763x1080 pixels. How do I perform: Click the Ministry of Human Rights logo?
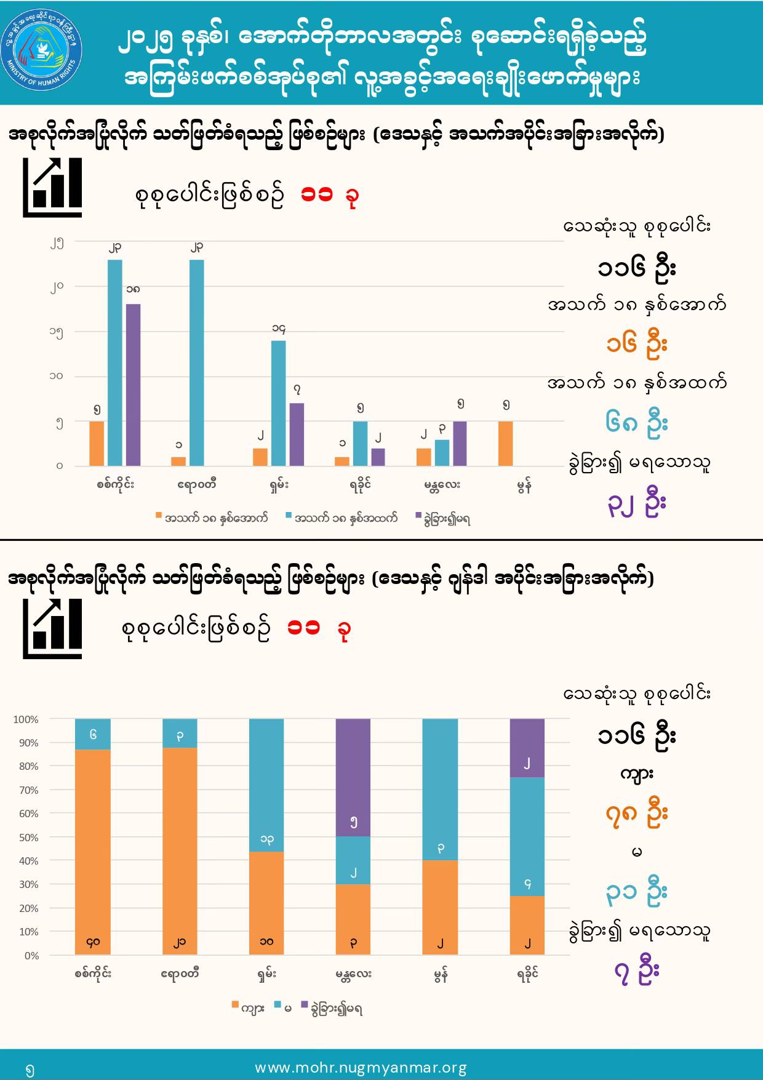(42, 53)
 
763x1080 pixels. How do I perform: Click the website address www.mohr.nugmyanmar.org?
(361, 1068)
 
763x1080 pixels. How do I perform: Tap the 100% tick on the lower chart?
(26, 719)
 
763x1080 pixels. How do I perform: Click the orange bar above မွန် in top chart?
(505, 443)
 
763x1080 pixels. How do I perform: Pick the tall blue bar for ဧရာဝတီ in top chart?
(197, 362)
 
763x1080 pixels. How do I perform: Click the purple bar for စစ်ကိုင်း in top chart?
(133, 385)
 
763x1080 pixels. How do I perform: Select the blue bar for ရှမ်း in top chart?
(278, 403)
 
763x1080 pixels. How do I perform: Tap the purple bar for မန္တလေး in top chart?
(460, 443)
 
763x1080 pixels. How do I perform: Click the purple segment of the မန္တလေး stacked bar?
(353, 777)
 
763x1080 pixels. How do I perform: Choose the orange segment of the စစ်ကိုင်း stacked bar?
(93, 852)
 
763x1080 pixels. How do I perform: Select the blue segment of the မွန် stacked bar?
(440, 790)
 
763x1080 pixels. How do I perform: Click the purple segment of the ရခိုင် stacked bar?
(527, 748)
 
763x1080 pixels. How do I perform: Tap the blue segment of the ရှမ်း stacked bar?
(266, 785)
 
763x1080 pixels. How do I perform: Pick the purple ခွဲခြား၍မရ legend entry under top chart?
(443, 518)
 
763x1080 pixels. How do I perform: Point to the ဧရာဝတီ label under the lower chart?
(180, 974)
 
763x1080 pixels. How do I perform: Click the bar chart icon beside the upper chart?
(52, 187)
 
